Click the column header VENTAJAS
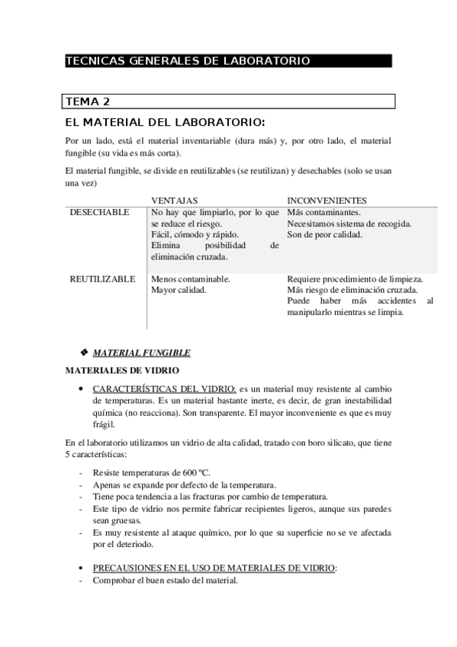(x=175, y=200)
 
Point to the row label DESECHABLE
(x=99, y=212)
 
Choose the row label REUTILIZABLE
(x=102, y=279)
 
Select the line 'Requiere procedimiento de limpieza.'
(x=355, y=279)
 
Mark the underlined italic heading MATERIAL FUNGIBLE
(x=141, y=352)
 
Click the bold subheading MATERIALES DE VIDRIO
(x=122, y=370)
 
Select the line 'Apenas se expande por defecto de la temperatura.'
(x=185, y=485)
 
